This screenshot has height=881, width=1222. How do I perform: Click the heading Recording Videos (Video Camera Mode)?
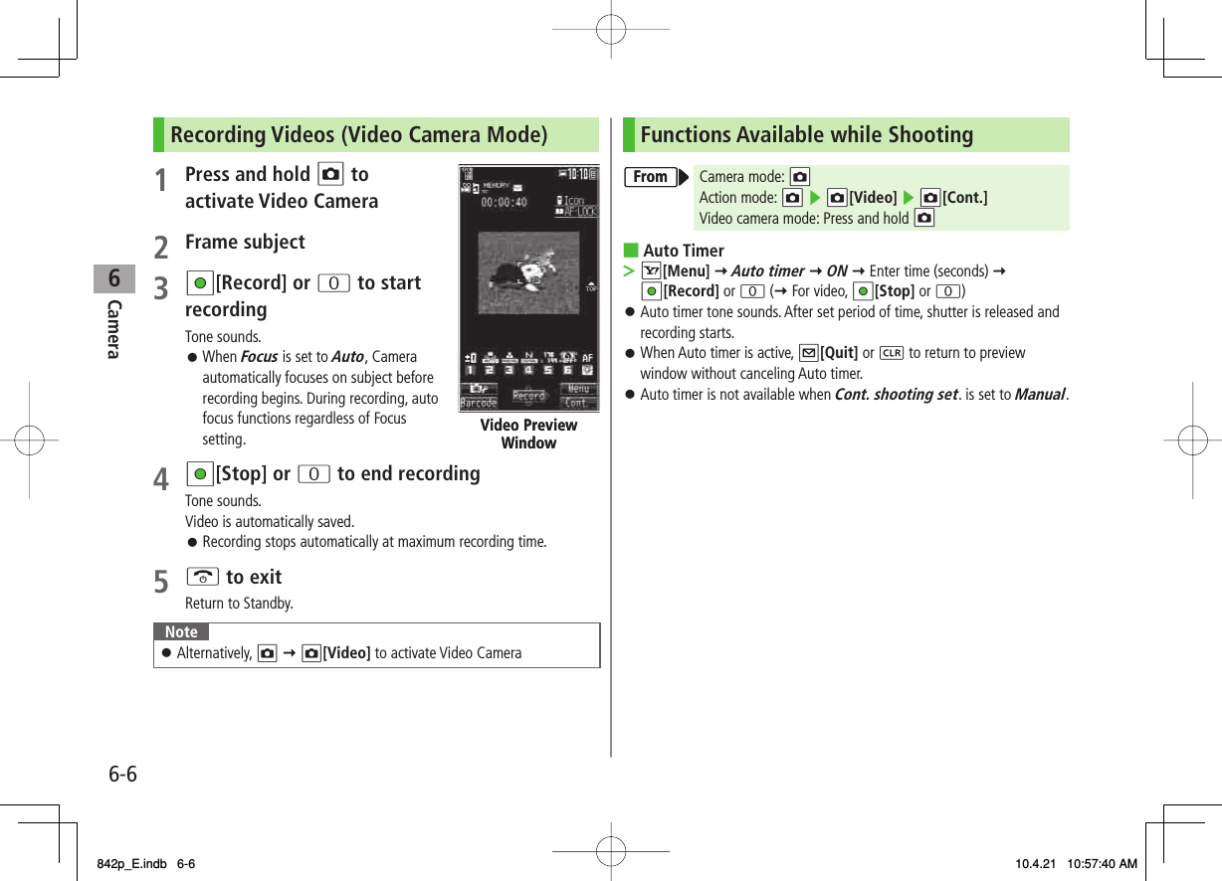click(x=358, y=134)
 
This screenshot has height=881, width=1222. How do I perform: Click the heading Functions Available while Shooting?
click(x=806, y=134)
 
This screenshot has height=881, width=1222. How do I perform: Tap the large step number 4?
click(x=161, y=480)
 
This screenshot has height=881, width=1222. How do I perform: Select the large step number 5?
click(x=161, y=583)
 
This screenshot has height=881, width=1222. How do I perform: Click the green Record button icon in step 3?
click(x=200, y=283)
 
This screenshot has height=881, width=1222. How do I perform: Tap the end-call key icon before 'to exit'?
click(x=203, y=578)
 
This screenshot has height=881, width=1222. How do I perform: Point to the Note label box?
click(x=181, y=632)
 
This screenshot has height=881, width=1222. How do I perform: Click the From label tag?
click(x=651, y=177)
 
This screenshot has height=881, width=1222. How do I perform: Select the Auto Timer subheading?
click(x=684, y=251)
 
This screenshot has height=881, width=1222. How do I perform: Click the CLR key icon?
click(x=891, y=353)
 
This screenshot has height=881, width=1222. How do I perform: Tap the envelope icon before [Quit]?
click(x=808, y=353)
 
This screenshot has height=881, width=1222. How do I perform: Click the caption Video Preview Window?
click(x=528, y=434)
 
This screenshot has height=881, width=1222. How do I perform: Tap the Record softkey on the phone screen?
click(x=528, y=396)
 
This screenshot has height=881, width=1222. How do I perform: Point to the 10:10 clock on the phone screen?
click(x=580, y=173)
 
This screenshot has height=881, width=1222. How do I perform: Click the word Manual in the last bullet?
click(x=1039, y=395)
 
